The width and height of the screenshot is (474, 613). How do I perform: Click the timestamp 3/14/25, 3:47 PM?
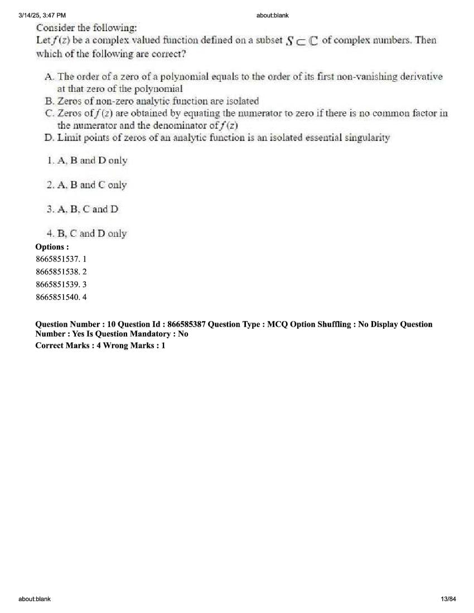[x=42, y=15]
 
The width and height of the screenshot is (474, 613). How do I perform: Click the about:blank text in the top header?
[x=272, y=15]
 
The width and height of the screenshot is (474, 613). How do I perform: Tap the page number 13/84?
[x=448, y=599]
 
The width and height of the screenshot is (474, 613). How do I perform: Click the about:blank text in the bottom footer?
[x=34, y=599]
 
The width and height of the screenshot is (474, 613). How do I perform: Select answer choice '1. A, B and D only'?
[x=87, y=160]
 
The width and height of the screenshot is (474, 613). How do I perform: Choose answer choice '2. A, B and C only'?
[x=87, y=185]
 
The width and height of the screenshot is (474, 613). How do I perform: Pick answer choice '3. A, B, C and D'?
[x=83, y=210]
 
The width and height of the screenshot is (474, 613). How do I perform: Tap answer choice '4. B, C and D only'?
[x=87, y=234]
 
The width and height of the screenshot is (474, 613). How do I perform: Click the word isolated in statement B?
[x=242, y=101]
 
